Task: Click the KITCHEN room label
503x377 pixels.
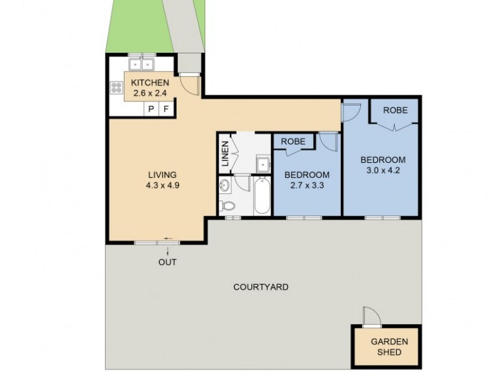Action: pyautogui.click(x=150, y=82)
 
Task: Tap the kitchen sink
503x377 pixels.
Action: pyautogui.click(x=141, y=64)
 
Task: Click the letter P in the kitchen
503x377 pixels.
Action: pyautogui.click(x=151, y=109)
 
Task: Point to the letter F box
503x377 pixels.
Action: pyautogui.click(x=166, y=109)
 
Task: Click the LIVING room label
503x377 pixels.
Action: pyautogui.click(x=162, y=175)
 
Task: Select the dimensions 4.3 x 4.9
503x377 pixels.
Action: pyautogui.click(x=162, y=185)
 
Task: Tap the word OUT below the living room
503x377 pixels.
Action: pyautogui.click(x=167, y=262)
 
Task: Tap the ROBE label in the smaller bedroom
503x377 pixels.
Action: pyautogui.click(x=293, y=141)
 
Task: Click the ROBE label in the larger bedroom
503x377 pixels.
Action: pyautogui.click(x=395, y=110)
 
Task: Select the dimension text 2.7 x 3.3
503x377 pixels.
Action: pyautogui.click(x=307, y=185)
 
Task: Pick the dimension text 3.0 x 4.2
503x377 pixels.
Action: pyautogui.click(x=382, y=170)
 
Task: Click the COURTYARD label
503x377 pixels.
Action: pyautogui.click(x=261, y=287)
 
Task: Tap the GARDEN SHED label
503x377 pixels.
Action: pyautogui.click(x=389, y=347)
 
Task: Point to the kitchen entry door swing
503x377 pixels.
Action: pyautogui.click(x=190, y=84)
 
